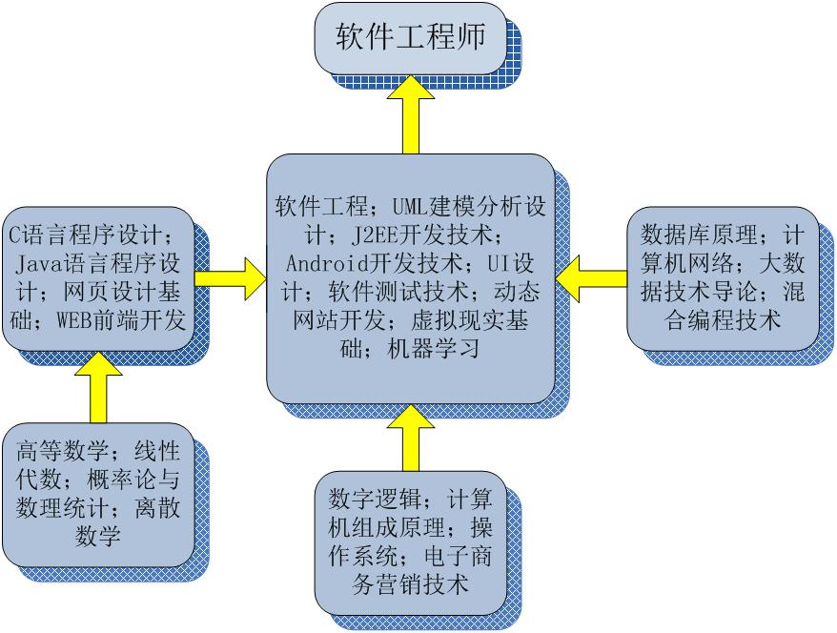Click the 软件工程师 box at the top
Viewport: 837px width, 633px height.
(x=410, y=38)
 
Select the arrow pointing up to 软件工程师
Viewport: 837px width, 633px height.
(x=411, y=114)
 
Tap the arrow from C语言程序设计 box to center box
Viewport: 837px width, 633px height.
(x=230, y=278)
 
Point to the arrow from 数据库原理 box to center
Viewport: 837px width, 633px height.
(x=591, y=278)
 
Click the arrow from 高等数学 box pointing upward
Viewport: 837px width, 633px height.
(x=98, y=387)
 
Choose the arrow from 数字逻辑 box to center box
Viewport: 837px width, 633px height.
(x=411, y=438)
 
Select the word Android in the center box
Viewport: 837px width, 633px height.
(x=328, y=263)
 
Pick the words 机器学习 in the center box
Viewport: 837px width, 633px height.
(x=434, y=349)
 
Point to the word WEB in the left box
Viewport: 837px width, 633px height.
(x=74, y=320)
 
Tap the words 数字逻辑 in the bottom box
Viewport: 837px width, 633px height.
(x=374, y=499)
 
